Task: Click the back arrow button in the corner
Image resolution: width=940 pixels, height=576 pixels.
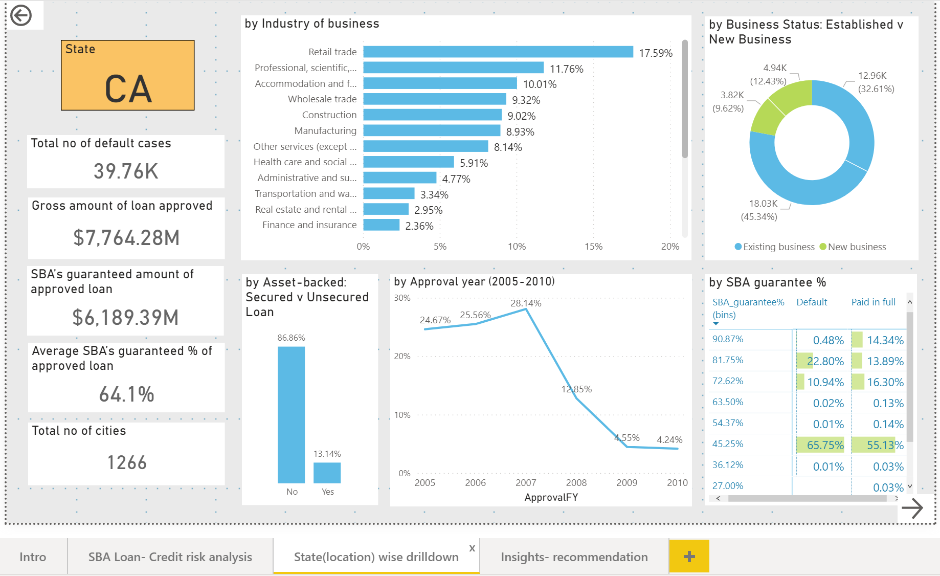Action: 21,15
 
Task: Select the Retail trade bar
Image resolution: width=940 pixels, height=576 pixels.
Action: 498,52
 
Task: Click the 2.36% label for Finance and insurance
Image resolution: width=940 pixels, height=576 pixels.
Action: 419,226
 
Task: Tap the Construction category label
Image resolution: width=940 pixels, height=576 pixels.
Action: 329,115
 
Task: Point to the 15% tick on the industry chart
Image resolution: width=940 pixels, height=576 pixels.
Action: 593,247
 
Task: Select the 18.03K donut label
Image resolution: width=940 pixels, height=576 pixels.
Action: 763,204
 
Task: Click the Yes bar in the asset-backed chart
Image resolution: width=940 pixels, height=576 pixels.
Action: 327,473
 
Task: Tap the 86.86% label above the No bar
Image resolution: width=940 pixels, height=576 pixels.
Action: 291,338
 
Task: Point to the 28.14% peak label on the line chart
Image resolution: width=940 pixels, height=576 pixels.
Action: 526,303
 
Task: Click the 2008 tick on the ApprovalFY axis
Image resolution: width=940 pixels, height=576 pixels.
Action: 576,483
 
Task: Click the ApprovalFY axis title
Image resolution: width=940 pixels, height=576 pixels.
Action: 551,497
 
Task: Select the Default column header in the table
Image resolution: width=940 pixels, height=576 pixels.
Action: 812,302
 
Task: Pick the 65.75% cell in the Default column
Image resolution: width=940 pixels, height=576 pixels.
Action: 824,446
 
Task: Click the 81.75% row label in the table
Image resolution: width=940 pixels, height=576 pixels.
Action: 728,360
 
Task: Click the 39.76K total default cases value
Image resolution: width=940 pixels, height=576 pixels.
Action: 126,171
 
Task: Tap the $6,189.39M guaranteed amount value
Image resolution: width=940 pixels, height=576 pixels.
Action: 126,318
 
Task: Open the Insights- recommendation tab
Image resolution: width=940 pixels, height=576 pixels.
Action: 574,557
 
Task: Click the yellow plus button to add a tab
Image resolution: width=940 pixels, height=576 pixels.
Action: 689,557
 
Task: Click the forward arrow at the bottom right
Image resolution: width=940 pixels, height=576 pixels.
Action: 912,508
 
